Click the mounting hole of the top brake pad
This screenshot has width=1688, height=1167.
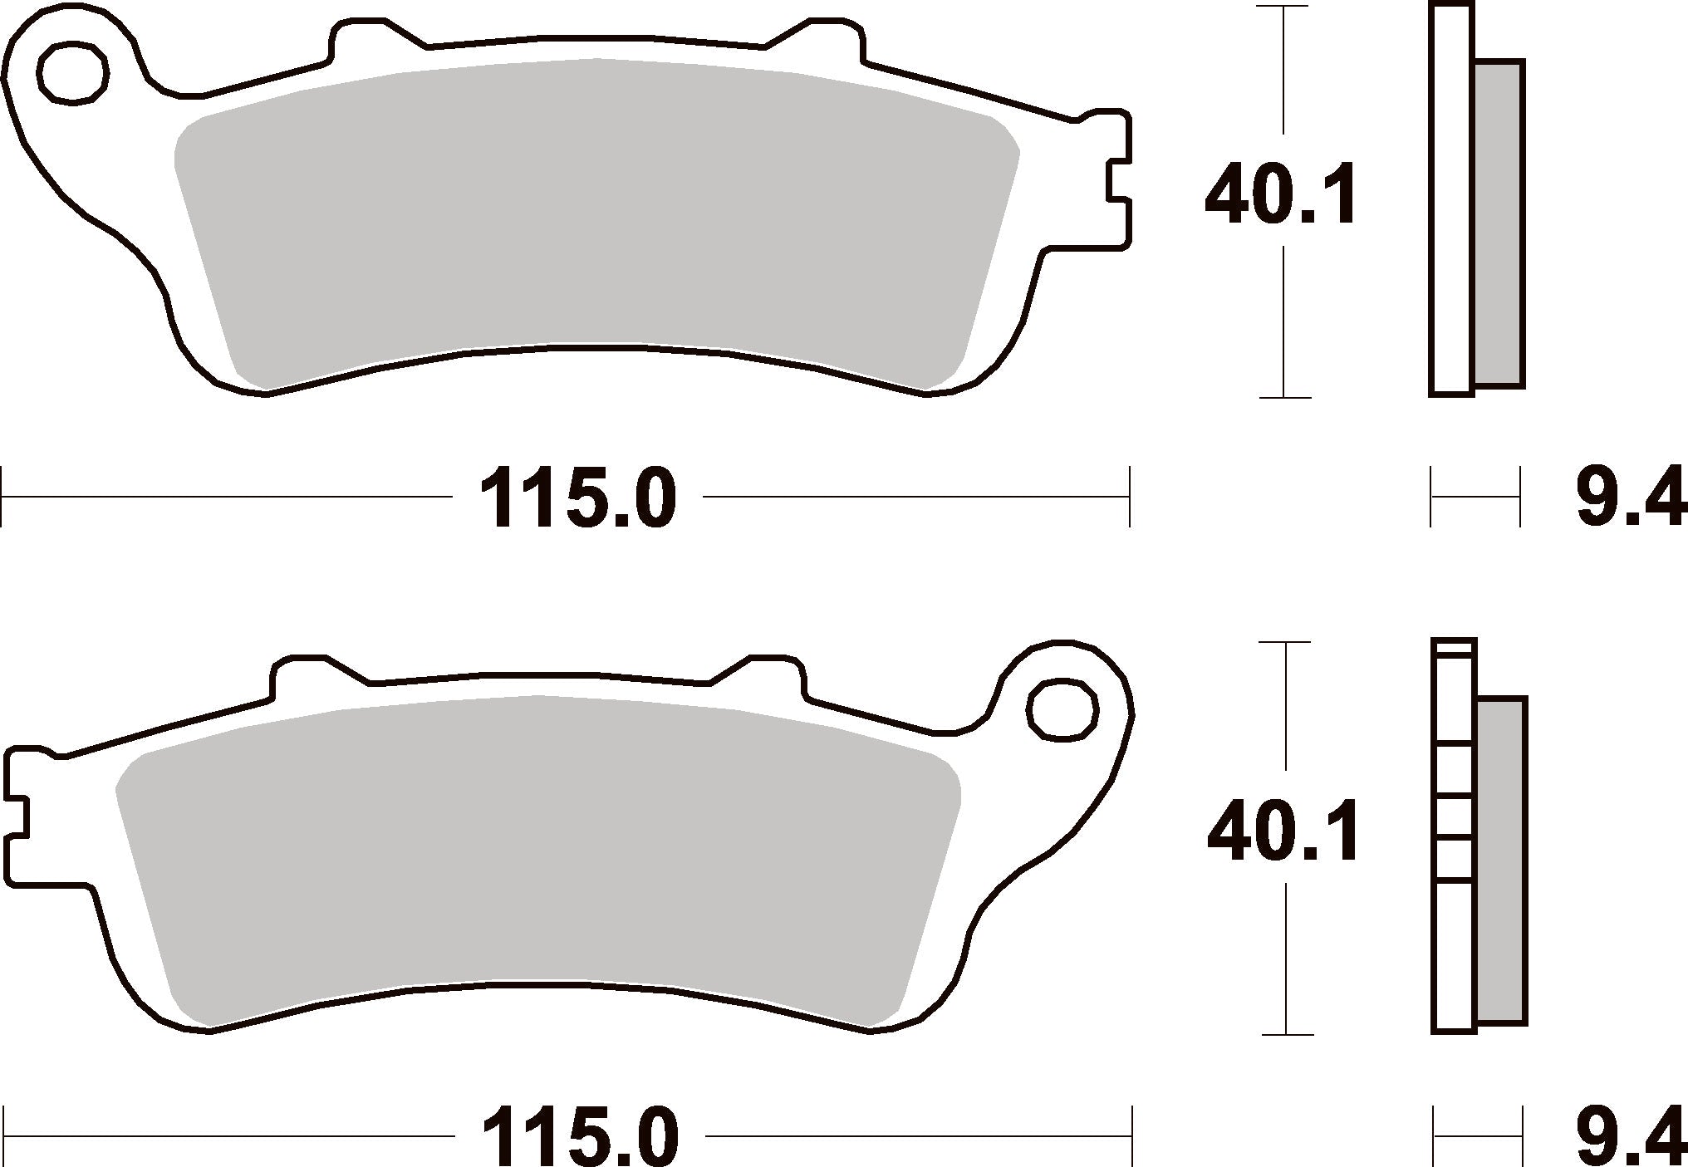coord(75,72)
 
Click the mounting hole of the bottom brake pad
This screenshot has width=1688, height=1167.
coord(1062,709)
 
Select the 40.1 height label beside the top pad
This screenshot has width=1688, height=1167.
coord(1280,196)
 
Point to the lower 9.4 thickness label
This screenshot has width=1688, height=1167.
coord(1631,1135)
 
